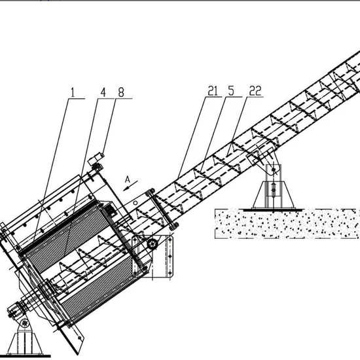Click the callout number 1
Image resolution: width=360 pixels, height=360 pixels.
tap(73, 92)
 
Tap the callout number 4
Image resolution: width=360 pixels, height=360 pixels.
tap(103, 92)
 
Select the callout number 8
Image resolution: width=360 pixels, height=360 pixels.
tap(121, 92)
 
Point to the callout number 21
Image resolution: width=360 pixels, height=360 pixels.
tap(213, 91)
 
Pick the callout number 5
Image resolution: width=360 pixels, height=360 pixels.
tap(231, 91)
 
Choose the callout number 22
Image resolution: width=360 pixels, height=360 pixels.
tap(255, 91)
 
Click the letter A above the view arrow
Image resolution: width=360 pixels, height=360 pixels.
tap(128, 179)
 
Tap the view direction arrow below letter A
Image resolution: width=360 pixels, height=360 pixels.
tap(130, 185)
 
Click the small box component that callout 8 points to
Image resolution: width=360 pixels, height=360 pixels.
tap(96, 158)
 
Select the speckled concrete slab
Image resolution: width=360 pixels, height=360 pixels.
tap(287, 224)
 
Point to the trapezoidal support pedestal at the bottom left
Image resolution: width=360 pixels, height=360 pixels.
tap(25, 343)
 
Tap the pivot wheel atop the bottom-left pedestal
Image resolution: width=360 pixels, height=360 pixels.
tap(25, 323)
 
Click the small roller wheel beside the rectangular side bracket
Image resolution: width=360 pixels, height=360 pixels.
tap(152, 244)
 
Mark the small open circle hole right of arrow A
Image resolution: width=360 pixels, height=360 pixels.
tap(135, 203)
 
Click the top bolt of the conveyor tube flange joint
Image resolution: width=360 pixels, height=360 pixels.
tap(151, 190)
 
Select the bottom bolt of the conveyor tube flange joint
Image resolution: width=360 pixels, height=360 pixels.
tap(174, 226)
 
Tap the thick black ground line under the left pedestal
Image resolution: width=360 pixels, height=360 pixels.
tap(26, 356)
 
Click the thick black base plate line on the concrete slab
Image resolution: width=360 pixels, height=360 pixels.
tap(272, 209)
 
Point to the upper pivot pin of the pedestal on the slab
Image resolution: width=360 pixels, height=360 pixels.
tap(274, 170)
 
